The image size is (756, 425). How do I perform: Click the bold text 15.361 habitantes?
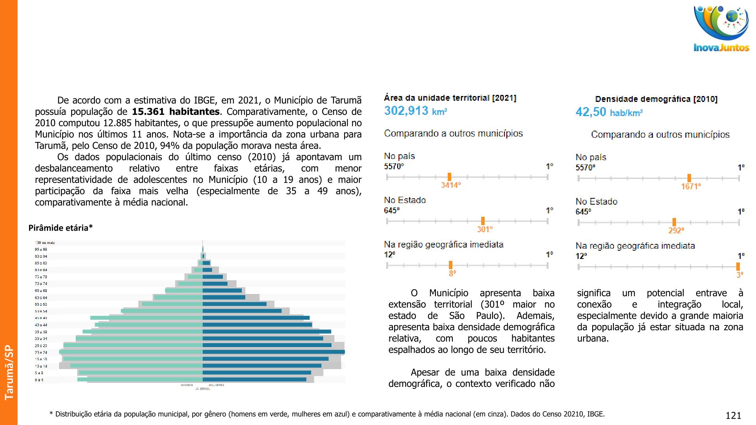click(176, 112)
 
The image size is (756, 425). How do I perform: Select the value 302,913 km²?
click(415, 111)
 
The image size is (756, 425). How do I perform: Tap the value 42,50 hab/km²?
click(609, 112)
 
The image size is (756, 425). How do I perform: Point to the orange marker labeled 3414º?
click(449, 177)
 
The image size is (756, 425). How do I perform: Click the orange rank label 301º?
click(485, 229)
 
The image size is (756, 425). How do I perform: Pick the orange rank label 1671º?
click(691, 187)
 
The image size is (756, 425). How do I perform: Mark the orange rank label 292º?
click(676, 231)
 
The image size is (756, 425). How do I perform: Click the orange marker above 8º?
click(450, 265)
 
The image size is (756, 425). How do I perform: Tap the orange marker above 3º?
click(738, 266)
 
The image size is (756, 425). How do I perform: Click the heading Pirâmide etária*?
click(61, 228)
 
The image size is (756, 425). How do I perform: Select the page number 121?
click(733, 416)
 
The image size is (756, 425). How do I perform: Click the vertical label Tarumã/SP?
click(9, 372)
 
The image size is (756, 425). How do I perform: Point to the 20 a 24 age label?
click(41, 352)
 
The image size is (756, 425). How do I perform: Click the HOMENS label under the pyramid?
click(187, 385)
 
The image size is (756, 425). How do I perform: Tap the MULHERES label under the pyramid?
click(216, 385)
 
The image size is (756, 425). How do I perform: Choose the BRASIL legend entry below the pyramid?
click(204, 389)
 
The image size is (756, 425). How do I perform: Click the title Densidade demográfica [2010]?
click(656, 99)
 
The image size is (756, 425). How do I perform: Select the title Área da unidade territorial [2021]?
click(450, 98)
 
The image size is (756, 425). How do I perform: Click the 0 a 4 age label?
click(39, 380)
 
